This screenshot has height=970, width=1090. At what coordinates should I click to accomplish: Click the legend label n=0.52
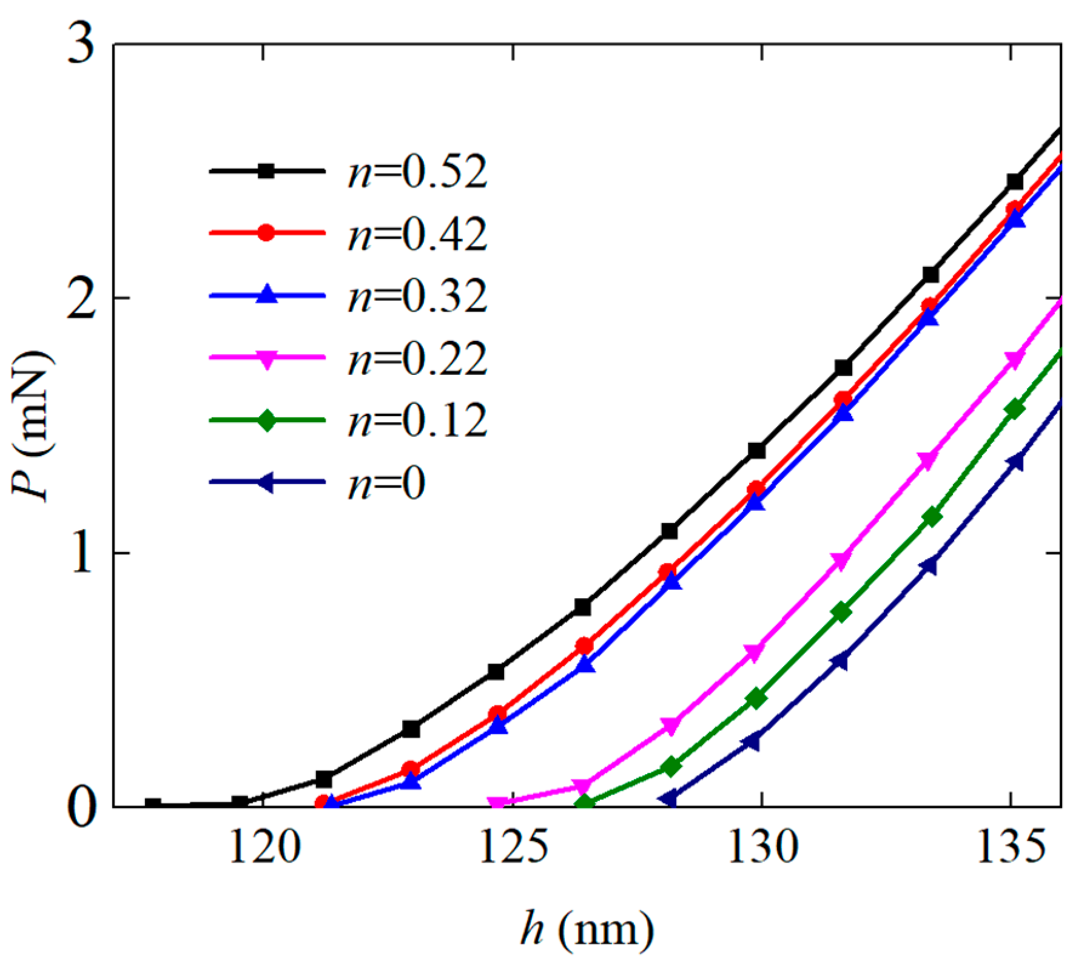(x=417, y=172)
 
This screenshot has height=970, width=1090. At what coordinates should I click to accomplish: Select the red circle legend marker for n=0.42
(x=266, y=232)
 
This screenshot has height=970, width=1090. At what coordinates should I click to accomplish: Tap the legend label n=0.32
(x=417, y=297)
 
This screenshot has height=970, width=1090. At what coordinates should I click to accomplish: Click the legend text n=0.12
(x=417, y=420)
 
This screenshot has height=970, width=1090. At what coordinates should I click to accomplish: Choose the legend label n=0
(x=386, y=483)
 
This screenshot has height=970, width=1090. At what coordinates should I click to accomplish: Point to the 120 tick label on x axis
(x=264, y=847)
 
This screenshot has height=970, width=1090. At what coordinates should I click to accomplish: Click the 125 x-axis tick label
(x=513, y=847)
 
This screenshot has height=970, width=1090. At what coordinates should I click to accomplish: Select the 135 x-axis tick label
(x=1011, y=847)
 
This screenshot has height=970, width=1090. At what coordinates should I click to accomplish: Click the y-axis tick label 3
(x=82, y=45)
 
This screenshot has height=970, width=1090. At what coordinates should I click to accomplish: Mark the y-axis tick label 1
(x=82, y=553)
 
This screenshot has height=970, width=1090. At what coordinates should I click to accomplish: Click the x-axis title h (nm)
(x=587, y=928)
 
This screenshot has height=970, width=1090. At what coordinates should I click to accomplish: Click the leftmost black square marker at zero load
(x=153, y=805)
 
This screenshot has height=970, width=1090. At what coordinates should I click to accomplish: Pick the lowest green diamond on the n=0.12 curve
(x=585, y=803)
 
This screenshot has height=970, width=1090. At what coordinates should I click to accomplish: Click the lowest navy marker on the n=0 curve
(x=668, y=798)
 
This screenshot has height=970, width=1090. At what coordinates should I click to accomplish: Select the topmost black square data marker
(x=1015, y=181)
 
